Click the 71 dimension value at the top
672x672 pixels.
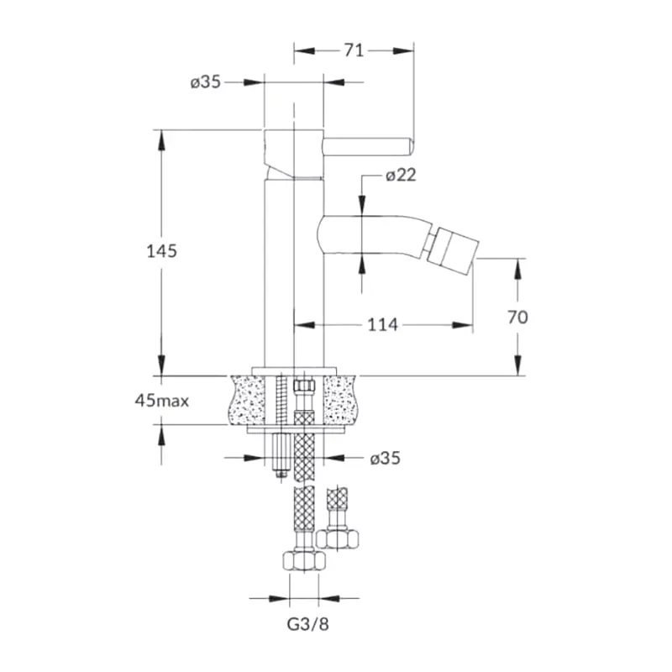click(354, 50)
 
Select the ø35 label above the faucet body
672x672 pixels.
click(205, 81)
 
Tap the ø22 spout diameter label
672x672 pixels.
click(401, 175)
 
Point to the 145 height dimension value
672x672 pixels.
click(161, 251)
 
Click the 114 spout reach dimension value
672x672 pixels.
click(383, 325)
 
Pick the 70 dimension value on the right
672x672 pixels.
click(517, 318)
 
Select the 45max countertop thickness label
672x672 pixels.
click(161, 402)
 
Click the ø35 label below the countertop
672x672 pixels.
click(385, 458)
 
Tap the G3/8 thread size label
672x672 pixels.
click(307, 624)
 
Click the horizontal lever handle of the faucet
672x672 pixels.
click(368, 147)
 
